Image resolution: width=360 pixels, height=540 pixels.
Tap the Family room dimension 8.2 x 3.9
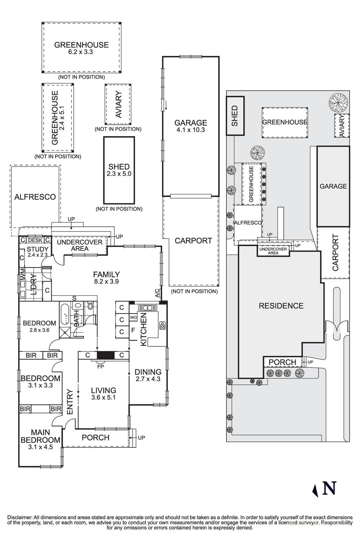click(106, 281)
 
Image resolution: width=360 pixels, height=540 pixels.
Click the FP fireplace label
click(100, 366)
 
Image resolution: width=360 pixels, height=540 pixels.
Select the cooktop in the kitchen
click(163, 326)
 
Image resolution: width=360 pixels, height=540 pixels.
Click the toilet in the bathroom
click(90, 306)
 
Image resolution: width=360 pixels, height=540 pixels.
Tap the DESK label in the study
click(35, 240)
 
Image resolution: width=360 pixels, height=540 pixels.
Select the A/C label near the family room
click(157, 293)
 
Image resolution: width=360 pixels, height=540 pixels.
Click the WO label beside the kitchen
click(133, 318)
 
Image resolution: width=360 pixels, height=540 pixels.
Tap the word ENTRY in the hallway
click(70, 402)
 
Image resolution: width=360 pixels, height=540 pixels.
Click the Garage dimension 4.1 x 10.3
click(190, 130)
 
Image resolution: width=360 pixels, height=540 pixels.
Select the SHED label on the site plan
click(235, 116)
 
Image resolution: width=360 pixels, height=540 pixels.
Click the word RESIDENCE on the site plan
click(281, 306)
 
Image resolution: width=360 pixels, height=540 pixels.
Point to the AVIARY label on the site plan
click(342, 126)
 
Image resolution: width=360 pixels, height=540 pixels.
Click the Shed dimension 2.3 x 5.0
click(119, 174)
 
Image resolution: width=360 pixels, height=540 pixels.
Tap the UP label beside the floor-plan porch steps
click(141, 438)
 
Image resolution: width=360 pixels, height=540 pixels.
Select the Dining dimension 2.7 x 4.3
click(148, 379)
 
